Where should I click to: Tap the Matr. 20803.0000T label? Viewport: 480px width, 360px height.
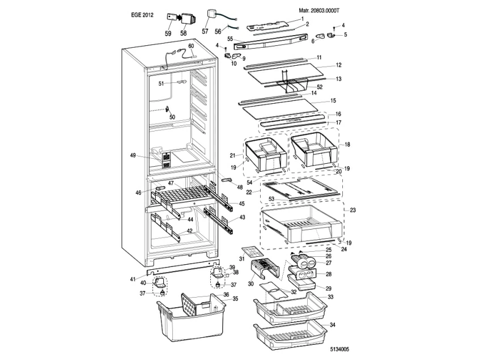[x=322, y=11]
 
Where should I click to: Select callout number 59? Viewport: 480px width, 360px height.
[x=168, y=33]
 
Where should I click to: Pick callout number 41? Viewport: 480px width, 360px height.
[x=132, y=279]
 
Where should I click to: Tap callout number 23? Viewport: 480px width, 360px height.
[x=352, y=210]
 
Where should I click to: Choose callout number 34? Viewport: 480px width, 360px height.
[x=333, y=325]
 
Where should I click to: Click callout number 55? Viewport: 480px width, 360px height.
[x=231, y=39]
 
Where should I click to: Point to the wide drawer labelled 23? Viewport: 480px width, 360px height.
[x=300, y=224]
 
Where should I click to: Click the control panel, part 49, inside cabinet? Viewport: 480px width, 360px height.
[x=167, y=159]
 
